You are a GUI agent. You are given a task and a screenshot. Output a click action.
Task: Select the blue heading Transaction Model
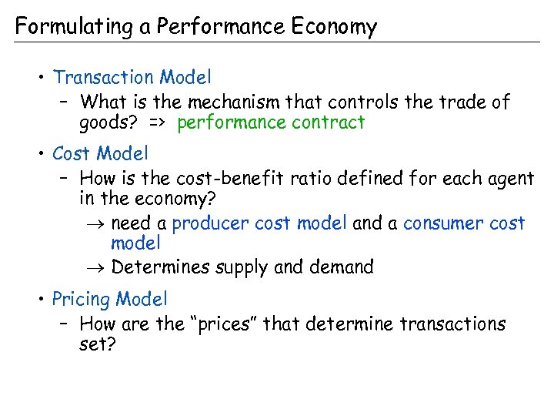click(x=132, y=77)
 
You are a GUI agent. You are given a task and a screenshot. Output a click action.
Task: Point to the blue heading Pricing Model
click(x=109, y=298)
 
